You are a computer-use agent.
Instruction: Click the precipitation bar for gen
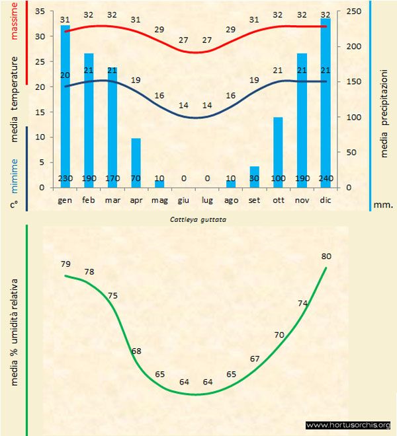point(66,106)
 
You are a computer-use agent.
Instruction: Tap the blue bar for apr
point(136,163)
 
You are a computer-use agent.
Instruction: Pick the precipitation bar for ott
point(278,152)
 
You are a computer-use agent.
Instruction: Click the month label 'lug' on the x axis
point(206,199)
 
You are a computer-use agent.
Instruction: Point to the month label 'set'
point(254,199)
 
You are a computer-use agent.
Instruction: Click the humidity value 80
point(326,256)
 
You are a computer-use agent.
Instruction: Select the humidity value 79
point(65,264)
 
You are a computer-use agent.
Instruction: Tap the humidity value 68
point(136,350)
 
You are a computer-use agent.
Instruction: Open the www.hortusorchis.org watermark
point(348,425)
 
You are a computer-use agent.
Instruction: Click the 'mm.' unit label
point(383,205)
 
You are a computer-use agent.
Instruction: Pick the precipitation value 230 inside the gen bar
point(66,178)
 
